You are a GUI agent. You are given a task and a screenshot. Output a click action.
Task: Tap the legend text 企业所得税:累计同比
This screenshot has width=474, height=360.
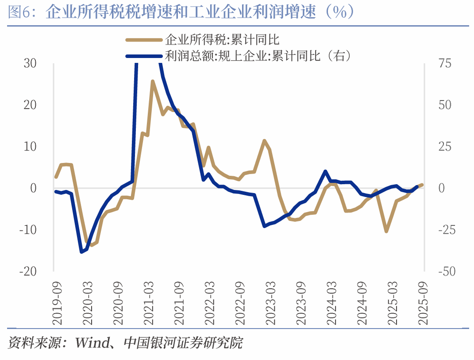click(x=222, y=40)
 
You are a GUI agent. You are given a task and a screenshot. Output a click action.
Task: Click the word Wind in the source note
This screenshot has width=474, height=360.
click(x=91, y=342)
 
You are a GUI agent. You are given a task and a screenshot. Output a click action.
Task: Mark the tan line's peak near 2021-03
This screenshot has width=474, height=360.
click(x=152, y=81)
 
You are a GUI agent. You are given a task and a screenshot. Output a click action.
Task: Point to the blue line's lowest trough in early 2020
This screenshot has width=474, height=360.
click(x=81, y=252)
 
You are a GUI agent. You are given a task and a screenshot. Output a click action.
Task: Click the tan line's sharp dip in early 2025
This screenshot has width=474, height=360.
click(x=386, y=231)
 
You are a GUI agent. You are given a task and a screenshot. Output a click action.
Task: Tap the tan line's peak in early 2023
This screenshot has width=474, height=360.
click(x=264, y=141)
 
